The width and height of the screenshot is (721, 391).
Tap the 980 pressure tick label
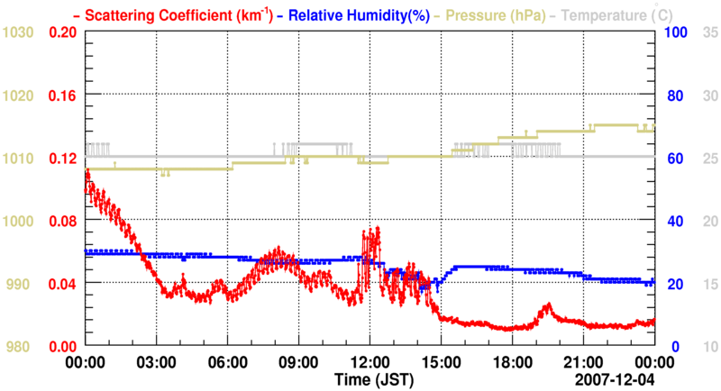tap(18, 346)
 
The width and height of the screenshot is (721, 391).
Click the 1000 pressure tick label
tap(18, 221)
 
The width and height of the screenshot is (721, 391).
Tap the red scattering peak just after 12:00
tap(376, 231)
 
